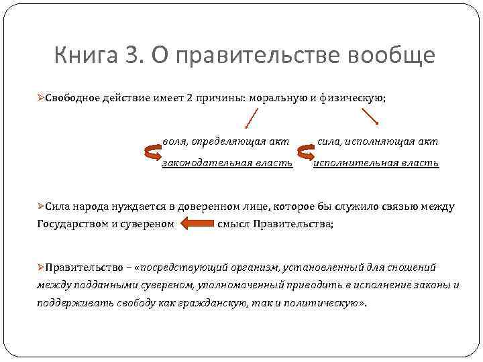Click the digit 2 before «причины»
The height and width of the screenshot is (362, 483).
pyautogui.click(x=191, y=98)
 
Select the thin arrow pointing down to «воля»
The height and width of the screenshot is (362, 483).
pyautogui.click(x=251, y=119)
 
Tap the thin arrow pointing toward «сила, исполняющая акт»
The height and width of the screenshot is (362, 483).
pyautogui.click(x=370, y=116)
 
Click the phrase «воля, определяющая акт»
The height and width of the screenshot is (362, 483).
pyautogui.click(x=226, y=141)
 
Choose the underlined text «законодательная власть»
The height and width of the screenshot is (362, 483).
pyautogui.click(x=227, y=163)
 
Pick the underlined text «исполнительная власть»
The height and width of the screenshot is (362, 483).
pyautogui.click(x=376, y=163)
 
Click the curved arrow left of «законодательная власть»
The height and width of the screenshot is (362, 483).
pyautogui.click(x=152, y=153)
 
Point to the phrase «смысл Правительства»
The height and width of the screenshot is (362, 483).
pyautogui.click(x=275, y=224)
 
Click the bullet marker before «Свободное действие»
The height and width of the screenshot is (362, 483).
pyautogui.click(x=41, y=98)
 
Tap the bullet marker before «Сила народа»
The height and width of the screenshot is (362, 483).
pyautogui.click(x=41, y=206)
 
